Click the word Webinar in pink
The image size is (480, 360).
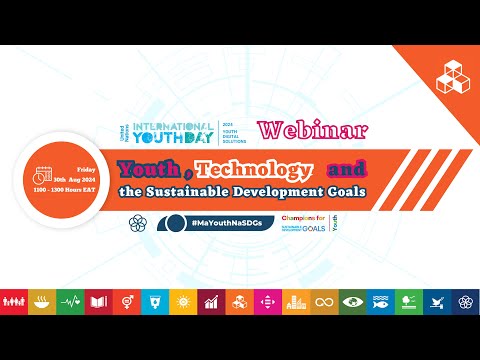click(311, 130)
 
